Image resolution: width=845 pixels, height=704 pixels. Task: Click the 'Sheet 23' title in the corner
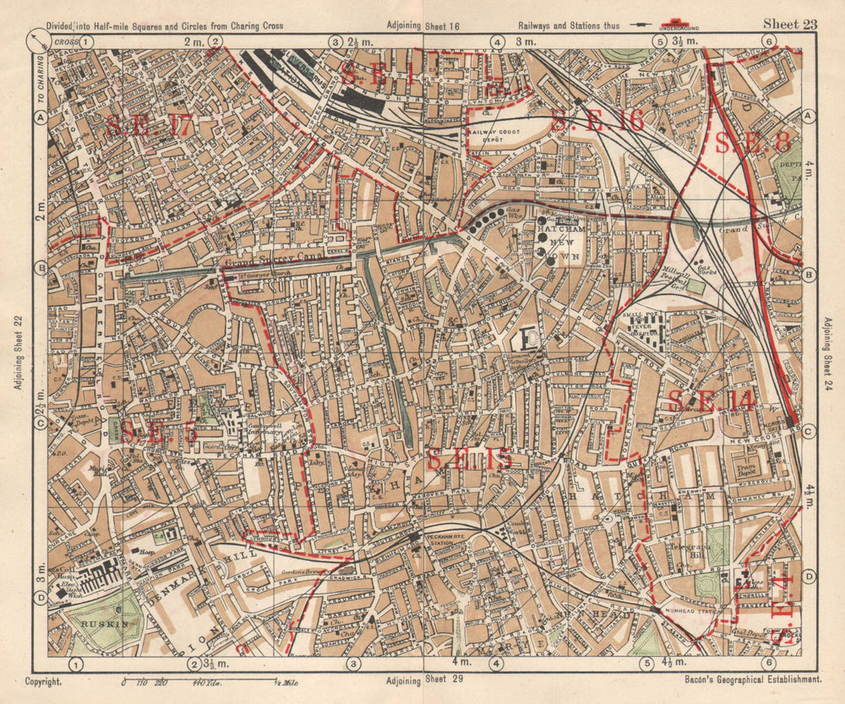pos(790,24)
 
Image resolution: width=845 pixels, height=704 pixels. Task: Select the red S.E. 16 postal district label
pos(597,121)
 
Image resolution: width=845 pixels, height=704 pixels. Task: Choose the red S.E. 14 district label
pos(711,401)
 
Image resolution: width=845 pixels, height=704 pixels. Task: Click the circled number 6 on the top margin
pos(768,41)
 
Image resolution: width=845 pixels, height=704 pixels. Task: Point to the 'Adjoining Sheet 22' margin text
pos(17,354)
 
